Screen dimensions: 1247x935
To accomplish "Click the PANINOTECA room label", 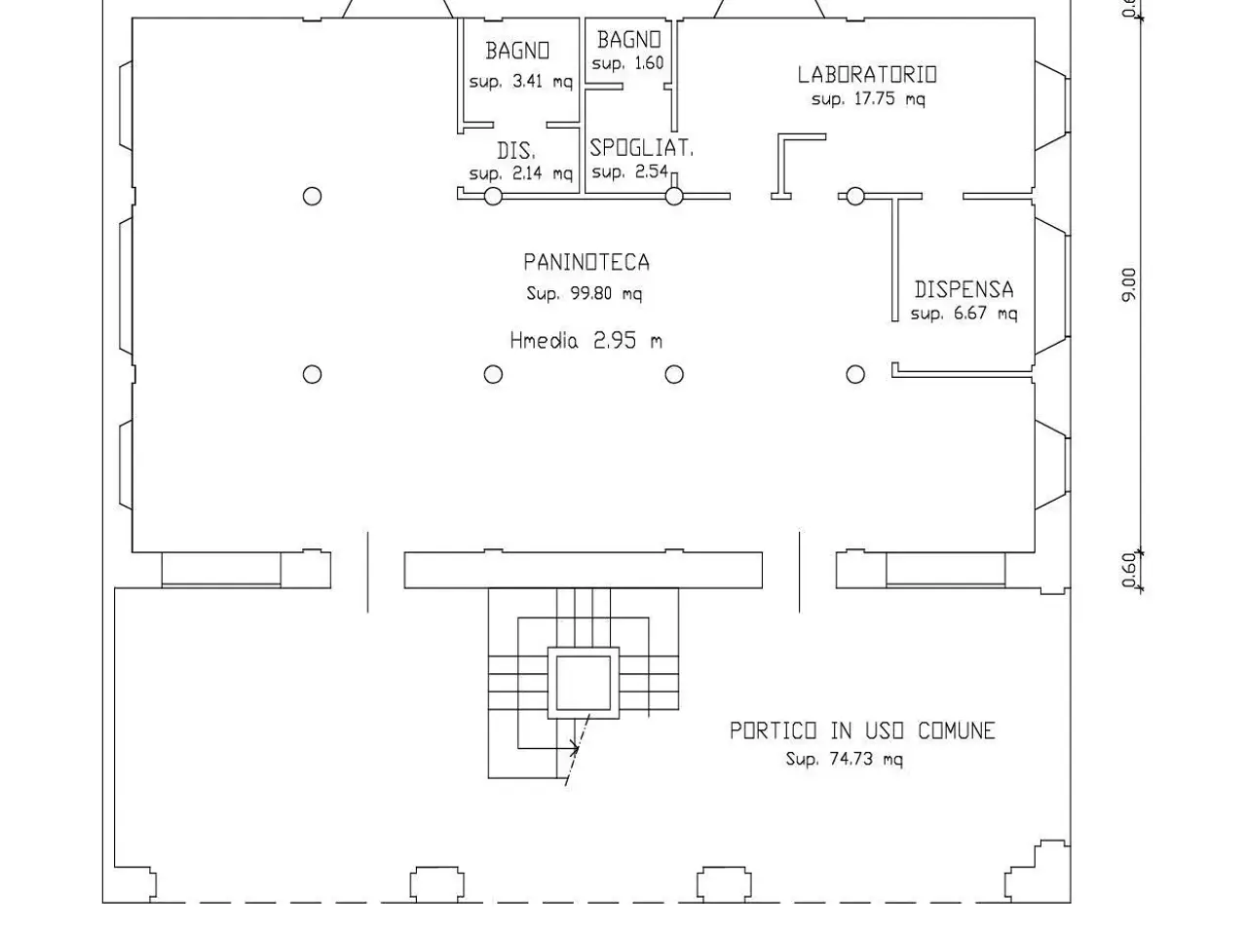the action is point(586,262).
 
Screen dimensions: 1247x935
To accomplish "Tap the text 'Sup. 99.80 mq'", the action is point(584,294).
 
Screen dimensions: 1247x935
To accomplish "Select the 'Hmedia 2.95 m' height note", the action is point(586,341).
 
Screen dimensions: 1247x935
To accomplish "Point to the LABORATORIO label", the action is point(867,74).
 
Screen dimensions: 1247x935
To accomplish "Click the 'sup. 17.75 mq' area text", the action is point(868,99).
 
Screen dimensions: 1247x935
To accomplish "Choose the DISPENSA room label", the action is point(964,289).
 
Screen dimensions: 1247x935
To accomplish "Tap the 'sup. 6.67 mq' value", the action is point(964,314).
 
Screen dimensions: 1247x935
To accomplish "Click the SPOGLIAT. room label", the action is point(641,148).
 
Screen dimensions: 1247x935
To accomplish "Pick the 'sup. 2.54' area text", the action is point(629,171).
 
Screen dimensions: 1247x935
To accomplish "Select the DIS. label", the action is point(516,151).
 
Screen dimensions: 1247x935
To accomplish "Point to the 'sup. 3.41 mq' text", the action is point(521,82).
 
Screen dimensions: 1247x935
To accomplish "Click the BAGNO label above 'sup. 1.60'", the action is point(629,40).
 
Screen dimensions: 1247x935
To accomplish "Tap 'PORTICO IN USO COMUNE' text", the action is point(862,730).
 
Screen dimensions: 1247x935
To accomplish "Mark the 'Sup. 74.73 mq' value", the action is point(845,759).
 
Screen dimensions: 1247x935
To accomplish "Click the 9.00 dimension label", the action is point(1129,285).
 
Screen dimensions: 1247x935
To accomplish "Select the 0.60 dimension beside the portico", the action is point(1129,570).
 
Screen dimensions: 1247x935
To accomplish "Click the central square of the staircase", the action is point(584,683).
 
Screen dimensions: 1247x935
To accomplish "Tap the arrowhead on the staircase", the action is point(575,748).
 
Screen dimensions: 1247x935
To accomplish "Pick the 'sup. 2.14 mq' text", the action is point(521,172).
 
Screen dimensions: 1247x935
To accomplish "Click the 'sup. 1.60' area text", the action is point(627,63).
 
